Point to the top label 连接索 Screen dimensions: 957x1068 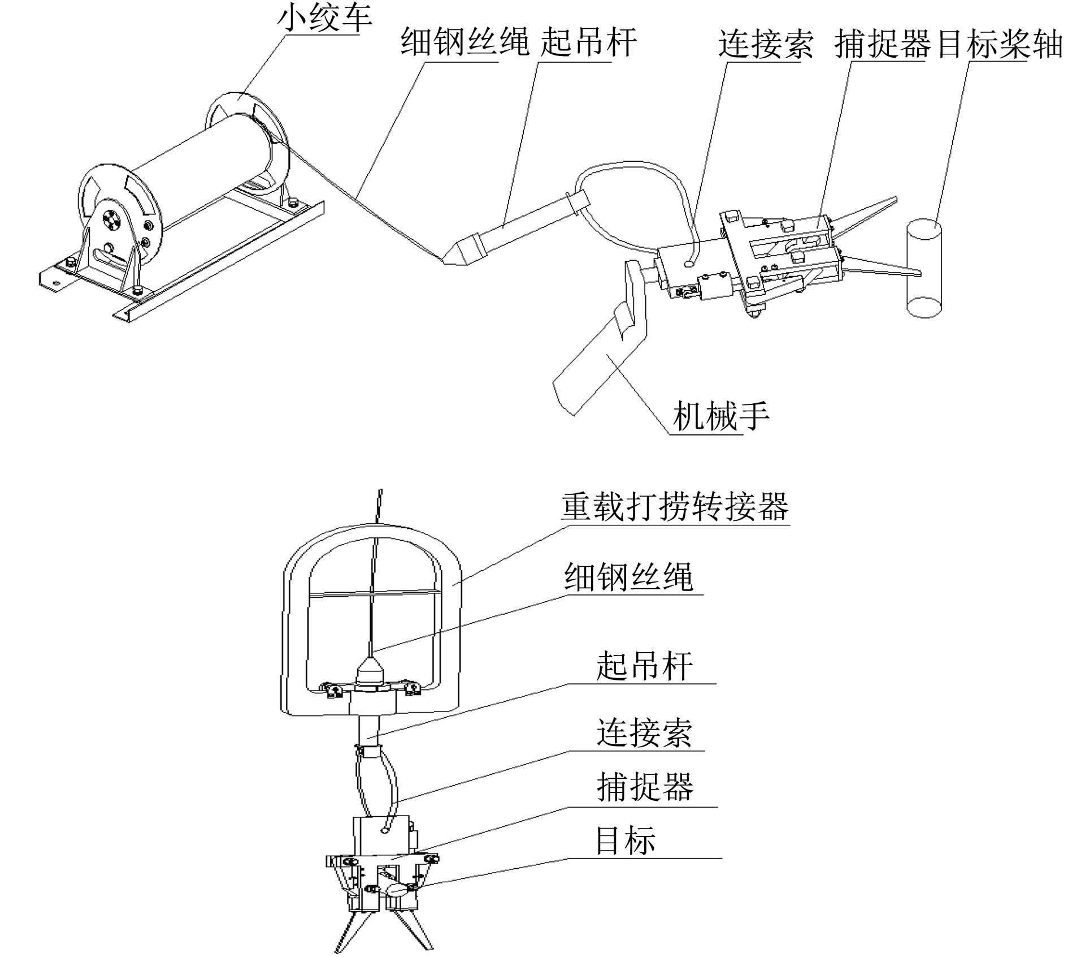coord(766,44)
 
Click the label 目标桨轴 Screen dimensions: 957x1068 coord(1000,44)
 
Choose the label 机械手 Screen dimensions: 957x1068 coord(721,416)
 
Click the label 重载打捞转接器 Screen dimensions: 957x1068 coord(675,507)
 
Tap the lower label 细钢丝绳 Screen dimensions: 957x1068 coord(628,577)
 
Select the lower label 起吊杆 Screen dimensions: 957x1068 coord(645,666)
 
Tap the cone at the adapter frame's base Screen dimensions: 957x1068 coord(370,669)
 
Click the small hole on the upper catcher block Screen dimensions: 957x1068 coord(690,264)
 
